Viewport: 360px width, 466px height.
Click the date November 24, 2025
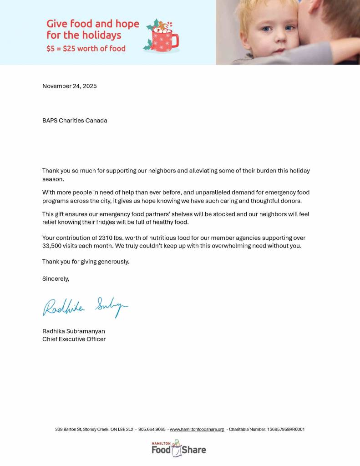pyautogui.click(x=69, y=86)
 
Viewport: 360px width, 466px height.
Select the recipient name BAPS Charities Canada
pyautogui.click(x=75, y=121)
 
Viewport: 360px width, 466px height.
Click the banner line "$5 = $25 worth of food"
pyautogui.click(x=86, y=48)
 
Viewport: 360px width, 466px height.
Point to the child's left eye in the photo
pyautogui.click(x=289, y=28)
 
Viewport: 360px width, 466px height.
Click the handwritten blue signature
pyautogui.click(x=85, y=306)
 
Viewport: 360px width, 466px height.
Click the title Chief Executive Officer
pyautogui.click(x=74, y=339)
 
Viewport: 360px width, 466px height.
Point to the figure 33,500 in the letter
pyautogui.click(x=54, y=246)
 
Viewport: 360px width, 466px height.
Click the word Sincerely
pyautogui.click(x=56, y=279)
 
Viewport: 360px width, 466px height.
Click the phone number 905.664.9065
pyautogui.click(x=152, y=429)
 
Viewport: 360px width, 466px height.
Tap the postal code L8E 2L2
pyautogui.click(x=126, y=429)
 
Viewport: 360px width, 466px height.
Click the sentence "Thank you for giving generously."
pyautogui.click(x=86, y=262)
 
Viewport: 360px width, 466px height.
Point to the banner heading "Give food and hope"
pyautogui.click(x=93, y=24)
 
